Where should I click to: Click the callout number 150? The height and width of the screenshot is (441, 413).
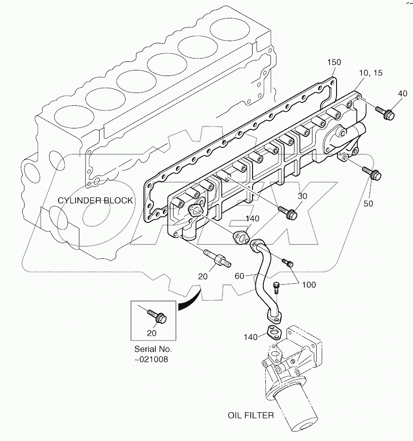point(333,62)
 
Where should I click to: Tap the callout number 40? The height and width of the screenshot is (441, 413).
point(402,93)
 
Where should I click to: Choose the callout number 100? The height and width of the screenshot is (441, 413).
point(309,285)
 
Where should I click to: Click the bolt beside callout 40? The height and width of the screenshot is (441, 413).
point(384,112)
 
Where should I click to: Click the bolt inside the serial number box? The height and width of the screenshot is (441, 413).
point(156,316)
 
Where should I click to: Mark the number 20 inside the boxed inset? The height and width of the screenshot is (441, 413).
point(151,333)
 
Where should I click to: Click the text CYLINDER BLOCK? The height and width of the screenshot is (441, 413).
point(95,201)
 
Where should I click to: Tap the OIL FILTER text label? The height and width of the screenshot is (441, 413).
point(250,416)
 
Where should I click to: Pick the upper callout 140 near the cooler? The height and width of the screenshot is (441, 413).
point(253,219)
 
